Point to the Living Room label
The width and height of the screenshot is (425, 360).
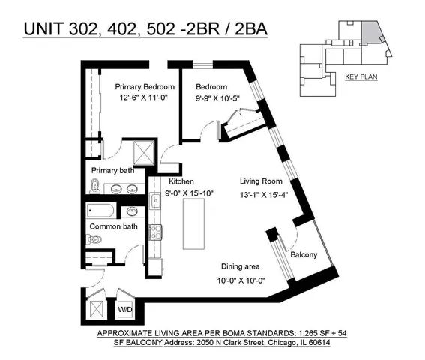[x=260, y=181]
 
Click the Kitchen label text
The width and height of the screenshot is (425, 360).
[x=181, y=181]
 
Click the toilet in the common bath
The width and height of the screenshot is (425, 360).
[x=94, y=240]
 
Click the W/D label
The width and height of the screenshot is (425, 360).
[x=125, y=308]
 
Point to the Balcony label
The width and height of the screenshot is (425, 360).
[x=303, y=255]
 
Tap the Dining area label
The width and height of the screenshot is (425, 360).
[x=241, y=266]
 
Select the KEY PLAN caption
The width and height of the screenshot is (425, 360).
[x=360, y=77]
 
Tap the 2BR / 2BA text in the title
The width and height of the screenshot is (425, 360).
[x=226, y=30]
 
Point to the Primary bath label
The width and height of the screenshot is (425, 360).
[x=112, y=171]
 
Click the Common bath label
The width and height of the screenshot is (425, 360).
[x=114, y=226]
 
